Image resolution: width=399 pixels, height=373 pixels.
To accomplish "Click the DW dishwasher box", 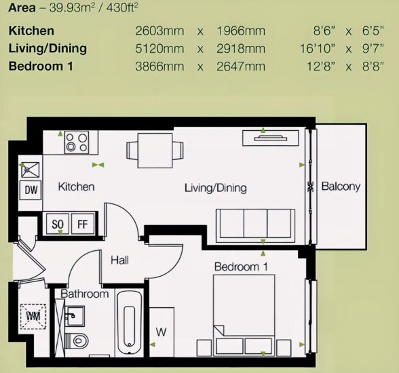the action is point(31,190).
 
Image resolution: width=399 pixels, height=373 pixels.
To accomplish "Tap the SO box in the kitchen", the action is point(58,224).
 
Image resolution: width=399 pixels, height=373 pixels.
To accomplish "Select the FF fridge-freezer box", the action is point(83,224).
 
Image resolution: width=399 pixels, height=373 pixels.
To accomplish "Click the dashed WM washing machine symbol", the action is point(33,317).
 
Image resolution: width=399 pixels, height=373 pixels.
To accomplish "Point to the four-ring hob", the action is point(77,142).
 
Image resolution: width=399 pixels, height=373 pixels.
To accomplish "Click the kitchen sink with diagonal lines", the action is point(31,170).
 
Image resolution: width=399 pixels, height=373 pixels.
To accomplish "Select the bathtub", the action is point(129,323).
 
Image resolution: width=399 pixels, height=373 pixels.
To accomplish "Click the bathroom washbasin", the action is point(75,316).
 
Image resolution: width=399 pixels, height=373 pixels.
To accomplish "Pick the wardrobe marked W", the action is point(161,332).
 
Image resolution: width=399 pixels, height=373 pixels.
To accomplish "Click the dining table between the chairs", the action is point(155,151).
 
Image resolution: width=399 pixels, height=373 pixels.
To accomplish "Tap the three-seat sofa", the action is point(255,226).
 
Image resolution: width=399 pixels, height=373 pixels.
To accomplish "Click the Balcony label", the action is point(341,186).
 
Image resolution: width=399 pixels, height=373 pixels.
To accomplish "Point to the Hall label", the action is point(119,260).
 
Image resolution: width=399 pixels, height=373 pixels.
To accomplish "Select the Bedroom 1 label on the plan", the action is point(241,267).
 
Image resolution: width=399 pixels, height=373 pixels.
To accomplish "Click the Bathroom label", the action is point(85,294).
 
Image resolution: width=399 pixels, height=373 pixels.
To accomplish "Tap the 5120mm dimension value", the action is point(159,49).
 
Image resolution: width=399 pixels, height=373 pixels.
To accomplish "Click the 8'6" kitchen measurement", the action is point(324,31).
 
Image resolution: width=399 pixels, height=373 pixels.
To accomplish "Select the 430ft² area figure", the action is point(122,7).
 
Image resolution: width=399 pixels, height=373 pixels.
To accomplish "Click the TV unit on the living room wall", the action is point(271,138).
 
